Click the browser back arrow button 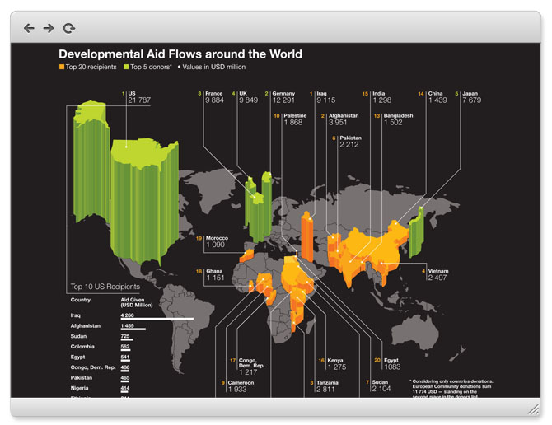[29, 28]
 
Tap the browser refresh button [68, 28]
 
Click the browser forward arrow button [49, 28]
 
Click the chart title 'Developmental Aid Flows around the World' [180, 54]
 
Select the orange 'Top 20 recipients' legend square [61, 67]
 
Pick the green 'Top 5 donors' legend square [126, 67]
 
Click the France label [214, 94]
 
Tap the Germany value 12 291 [283, 100]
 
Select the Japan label [470, 94]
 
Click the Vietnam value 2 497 [438, 278]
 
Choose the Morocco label [218, 238]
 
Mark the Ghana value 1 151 [216, 278]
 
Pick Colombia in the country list [84, 347]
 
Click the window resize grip [532, 408]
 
